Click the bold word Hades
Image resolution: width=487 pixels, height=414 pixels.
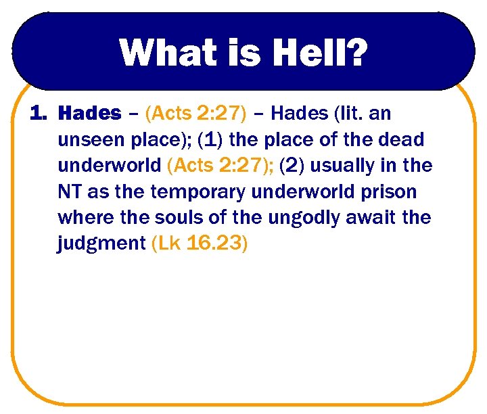click(x=90, y=113)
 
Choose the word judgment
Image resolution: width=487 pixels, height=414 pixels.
click(x=100, y=244)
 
